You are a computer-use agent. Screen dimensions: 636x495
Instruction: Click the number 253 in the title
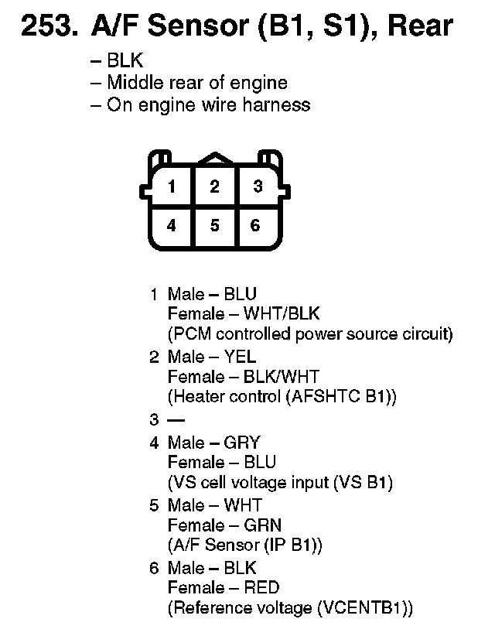coord(46,27)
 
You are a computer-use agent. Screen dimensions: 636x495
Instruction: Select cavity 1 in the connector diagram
coord(172,186)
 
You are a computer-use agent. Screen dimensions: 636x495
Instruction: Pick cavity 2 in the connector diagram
coord(214,186)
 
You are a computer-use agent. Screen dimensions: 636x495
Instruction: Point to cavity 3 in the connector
coord(258,186)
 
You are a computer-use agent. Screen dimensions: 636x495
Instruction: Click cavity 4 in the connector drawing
coord(172,226)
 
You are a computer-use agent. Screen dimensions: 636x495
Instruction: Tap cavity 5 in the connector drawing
coord(214,226)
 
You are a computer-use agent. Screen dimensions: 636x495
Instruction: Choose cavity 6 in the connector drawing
coord(256,226)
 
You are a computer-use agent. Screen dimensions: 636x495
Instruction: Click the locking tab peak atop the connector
coord(214,158)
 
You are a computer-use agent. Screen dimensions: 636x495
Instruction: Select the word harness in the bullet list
coord(277,105)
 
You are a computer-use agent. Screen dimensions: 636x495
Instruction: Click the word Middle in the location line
coord(131,83)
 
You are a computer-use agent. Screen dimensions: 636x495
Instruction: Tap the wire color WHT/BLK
coord(282,314)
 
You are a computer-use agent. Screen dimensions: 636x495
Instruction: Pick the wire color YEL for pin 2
coord(240,357)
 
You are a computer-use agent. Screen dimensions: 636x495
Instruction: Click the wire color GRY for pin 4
coord(242,443)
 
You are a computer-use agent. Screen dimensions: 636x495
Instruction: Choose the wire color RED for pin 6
coord(261,588)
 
